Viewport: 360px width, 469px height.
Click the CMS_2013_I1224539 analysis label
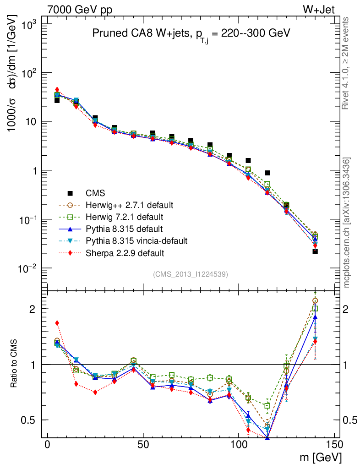point(191,274)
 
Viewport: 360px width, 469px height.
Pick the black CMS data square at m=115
point(267,173)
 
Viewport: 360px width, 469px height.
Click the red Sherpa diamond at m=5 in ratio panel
point(57,323)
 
